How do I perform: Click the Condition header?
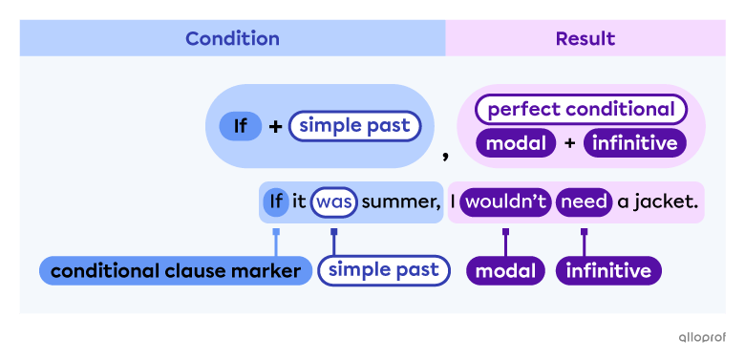232,39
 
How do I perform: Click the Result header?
585,39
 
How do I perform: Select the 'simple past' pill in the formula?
354,125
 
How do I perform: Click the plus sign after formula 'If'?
275,125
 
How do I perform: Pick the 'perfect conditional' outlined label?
581,109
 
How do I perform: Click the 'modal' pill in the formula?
516,143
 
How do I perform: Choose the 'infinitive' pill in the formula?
635,143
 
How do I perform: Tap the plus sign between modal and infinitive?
569,143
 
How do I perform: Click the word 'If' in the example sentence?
275,201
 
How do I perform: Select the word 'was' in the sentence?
334,201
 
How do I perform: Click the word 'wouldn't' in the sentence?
505,201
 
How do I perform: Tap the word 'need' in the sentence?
584,201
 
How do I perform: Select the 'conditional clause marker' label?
176,271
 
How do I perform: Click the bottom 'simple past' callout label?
383,270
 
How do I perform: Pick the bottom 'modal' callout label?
505,271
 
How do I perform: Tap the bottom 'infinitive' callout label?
608,271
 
